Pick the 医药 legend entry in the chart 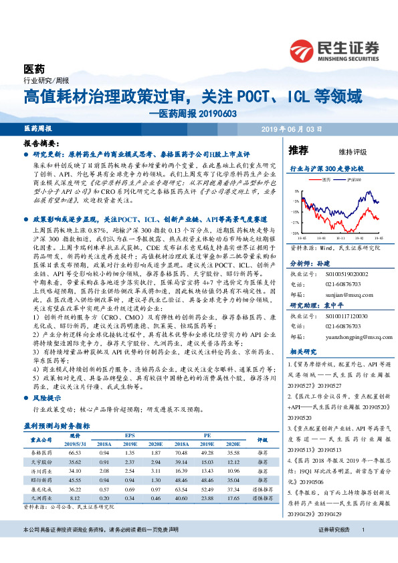pos(326,179)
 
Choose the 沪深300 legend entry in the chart pos(355,179)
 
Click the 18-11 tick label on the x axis pos(341,237)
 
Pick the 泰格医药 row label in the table pos(42,453)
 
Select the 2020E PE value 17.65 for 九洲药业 pos(233,497)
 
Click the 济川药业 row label pos(42,471)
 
